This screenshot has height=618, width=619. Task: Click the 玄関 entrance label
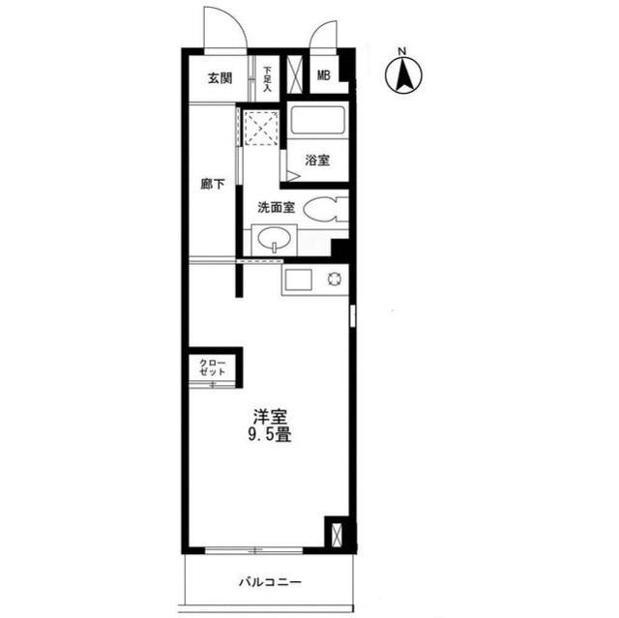click(220, 78)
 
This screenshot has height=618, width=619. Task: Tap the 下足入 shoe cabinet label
click(268, 79)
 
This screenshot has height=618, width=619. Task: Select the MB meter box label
click(324, 75)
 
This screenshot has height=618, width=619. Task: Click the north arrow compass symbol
click(403, 74)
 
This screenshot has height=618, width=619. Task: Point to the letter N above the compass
click(402, 51)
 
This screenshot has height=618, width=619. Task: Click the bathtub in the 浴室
click(318, 120)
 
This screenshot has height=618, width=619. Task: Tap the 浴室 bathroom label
click(317, 161)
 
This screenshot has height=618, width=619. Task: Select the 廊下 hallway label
click(213, 184)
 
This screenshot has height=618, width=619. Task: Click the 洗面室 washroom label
click(276, 208)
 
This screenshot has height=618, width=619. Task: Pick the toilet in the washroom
click(326, 209)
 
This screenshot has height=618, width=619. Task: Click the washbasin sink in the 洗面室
click(275, 238)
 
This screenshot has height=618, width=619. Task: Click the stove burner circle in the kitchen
click(335, 279)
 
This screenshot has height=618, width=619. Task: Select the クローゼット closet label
click(213, 367)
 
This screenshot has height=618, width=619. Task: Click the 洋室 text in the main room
click(270, 417)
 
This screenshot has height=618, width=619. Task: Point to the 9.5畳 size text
click(270, 435)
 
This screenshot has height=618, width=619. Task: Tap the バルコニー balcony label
click(271, 582)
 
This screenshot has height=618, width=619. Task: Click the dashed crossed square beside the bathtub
click(261, 128)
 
